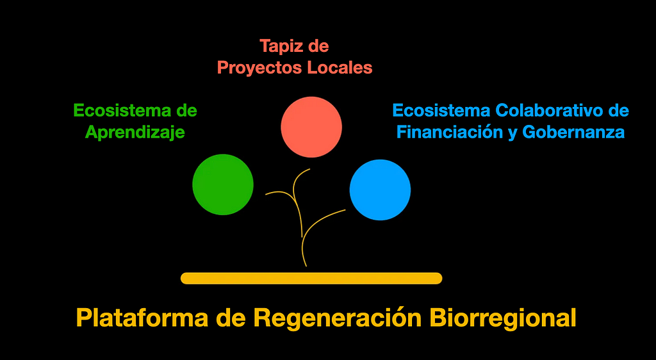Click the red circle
[311, 127]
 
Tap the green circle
[223, 184]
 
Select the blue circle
[381, 190]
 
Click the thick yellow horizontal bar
[311, 279]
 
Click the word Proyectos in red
[260, 68]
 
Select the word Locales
[340, 67]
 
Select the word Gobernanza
[573, 133]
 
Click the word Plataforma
[143, 318]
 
